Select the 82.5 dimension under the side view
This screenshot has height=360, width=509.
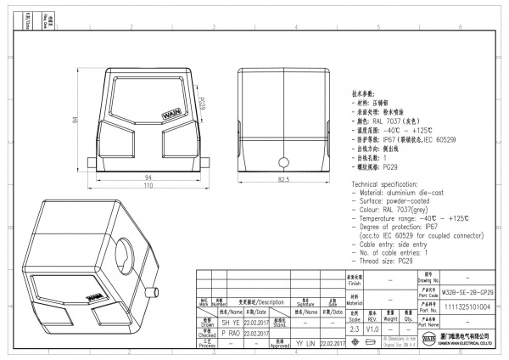284,180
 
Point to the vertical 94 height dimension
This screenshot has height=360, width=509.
74,121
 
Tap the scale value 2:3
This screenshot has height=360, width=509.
354,326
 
